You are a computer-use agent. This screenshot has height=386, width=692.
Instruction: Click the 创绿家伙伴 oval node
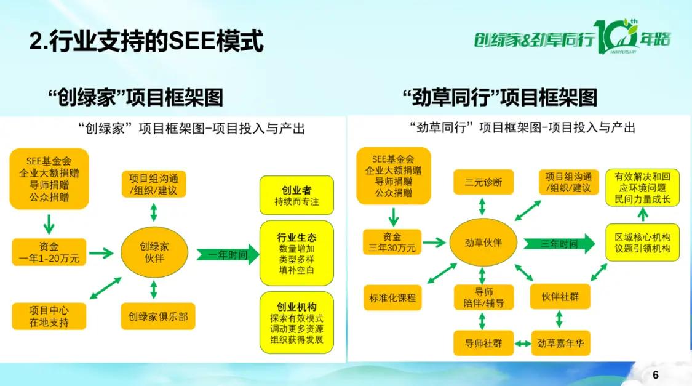point(154,252)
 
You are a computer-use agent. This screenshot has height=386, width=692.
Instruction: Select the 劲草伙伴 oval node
point(483,243)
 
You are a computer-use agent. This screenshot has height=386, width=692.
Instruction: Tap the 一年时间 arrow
point(228,254)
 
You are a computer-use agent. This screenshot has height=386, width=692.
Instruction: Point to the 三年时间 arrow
point(559,243)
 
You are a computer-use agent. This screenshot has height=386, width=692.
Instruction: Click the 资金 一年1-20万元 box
point(49,252)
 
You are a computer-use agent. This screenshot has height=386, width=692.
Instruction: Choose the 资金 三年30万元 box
point(392,242)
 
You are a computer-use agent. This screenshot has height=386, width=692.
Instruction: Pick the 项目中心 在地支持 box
point(49,316)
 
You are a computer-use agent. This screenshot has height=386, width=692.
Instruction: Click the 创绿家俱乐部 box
point(158,316)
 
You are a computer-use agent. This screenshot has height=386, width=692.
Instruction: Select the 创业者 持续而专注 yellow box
point(296,195)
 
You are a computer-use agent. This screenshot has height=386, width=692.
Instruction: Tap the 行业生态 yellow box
point(296,253)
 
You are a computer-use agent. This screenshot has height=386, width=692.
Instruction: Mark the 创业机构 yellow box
point(296,323)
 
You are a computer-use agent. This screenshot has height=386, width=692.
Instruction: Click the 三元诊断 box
point(483,182)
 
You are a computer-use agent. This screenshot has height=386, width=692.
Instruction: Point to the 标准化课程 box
point(392,298)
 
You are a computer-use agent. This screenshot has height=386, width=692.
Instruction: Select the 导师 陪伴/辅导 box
point(483,297)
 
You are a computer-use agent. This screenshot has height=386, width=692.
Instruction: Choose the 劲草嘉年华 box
point(560,343)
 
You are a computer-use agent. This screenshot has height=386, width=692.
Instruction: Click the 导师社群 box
point(483,343)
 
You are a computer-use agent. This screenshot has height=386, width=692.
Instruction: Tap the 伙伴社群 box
point(560,296)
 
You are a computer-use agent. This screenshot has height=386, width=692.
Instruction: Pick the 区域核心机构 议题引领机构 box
point(643,243)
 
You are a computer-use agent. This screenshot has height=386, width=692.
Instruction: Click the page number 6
point(655,375)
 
